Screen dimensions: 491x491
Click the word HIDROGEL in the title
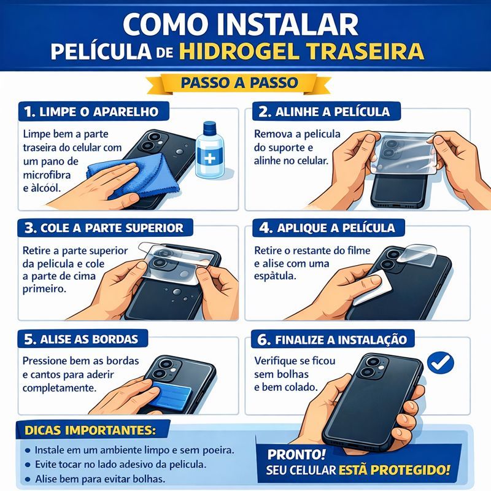coord(239,51)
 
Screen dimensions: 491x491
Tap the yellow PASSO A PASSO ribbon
coord(239,83)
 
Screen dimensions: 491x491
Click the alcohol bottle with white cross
coord(210,150)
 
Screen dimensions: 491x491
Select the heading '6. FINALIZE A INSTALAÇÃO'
coord(332,339)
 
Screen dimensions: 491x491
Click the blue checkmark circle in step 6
coord(441,363)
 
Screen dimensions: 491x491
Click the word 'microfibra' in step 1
coord(47,175)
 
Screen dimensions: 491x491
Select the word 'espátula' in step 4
coord(274,277)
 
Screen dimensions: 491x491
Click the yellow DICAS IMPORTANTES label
coord(90,430)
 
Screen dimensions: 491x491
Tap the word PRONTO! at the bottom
coord(296,454)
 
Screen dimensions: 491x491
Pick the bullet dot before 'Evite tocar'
coord(28,465)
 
